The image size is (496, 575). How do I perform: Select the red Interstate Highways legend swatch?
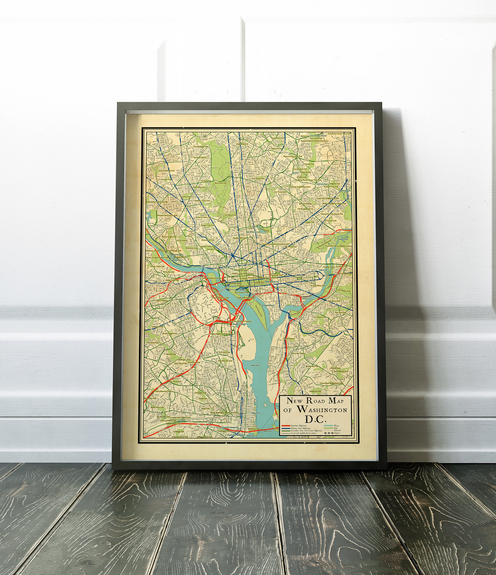(286, 426)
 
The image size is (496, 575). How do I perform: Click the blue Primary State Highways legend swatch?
(286, 428)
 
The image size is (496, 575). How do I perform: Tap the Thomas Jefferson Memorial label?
(246, 297)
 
